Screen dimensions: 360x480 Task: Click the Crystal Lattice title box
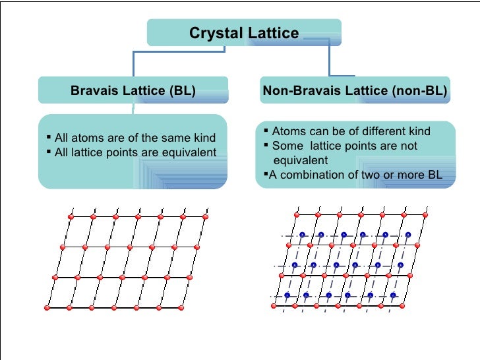(244, 33)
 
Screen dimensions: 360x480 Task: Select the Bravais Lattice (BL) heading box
(133, 90)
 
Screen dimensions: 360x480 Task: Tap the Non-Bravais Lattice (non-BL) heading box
(355, 90)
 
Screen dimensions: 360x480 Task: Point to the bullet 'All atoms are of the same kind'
(135, 138)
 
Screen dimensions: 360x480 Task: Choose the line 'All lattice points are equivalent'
(135, 152)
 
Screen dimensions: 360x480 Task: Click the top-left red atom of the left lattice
(70, 217)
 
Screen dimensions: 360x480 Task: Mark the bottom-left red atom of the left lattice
(47, 308)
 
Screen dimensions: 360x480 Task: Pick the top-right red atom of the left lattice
(205, 216)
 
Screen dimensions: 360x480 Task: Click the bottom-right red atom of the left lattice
(183, 307)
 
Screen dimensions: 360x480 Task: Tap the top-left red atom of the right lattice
(296, 216)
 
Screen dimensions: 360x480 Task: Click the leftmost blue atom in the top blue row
(302, 235)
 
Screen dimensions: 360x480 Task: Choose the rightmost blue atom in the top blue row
(407, 235)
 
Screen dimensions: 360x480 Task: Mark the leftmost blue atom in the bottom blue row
(287, 295)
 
